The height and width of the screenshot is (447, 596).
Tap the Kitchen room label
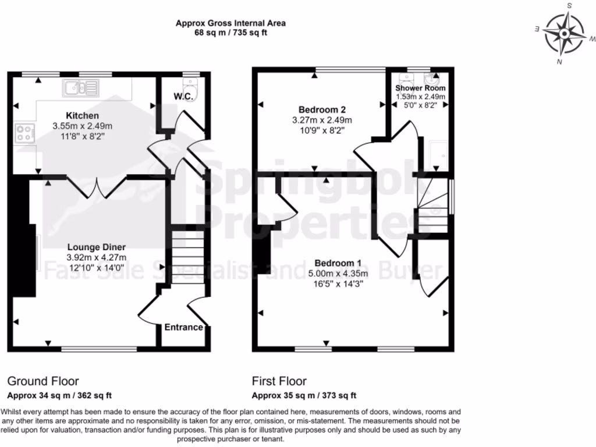click(83, 116)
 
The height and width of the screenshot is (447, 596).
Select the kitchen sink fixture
click(82, 87)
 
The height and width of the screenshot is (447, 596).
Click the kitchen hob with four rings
click(26, 133)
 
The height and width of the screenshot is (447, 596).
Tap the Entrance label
click(183, 327)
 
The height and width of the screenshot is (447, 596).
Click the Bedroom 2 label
click(322, 110)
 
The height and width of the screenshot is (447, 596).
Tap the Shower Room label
click(420, 88)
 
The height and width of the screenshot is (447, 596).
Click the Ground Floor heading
click(42, 382)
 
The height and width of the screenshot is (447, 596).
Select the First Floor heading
click(279, 382)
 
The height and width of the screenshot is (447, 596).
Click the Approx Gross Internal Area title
click(230, 24)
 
